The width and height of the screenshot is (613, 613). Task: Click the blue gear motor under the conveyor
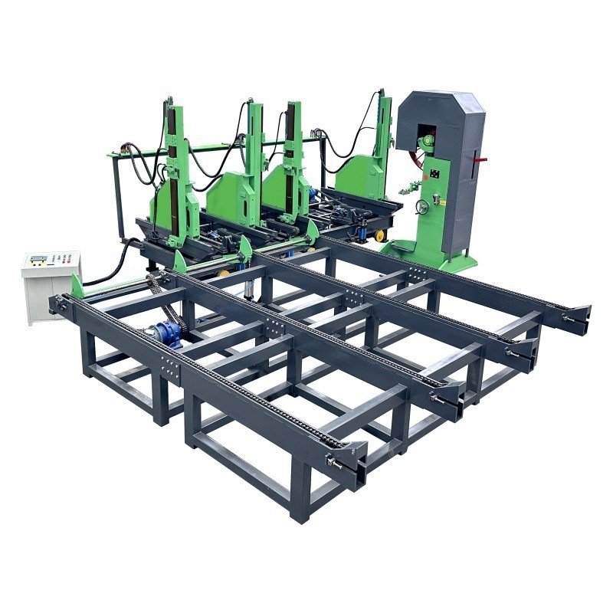click(167, 334)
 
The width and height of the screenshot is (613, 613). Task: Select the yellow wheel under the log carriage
click(379, 236)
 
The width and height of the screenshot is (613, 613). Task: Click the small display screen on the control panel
click(37, 257)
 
